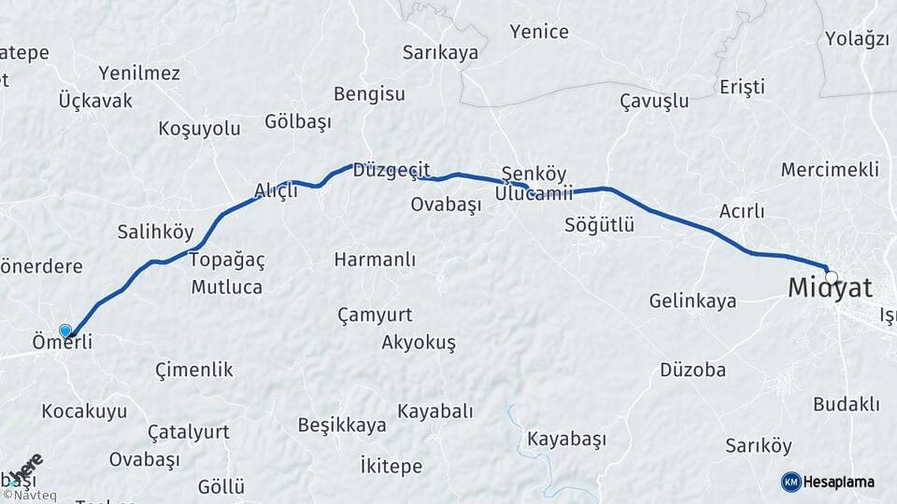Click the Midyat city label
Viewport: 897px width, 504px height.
pyautogui.click(x=830, y=289)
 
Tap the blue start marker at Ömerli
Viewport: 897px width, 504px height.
pyautogui.click(x=65, y=330)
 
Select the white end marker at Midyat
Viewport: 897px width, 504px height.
pyautogui.click(x=831, y=277)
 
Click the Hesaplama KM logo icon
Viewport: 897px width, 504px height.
pyautogui.click(x=790, y=482)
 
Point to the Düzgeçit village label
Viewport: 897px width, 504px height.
pyautogui.click(x=391, y=170)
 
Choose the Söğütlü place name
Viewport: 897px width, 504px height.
pyautogui.click(x=599, y=225)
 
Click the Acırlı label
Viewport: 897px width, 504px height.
pyautogui.click(x=742, y=211)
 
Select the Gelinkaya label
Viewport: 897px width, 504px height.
pyautogui.click(x=692, y=301)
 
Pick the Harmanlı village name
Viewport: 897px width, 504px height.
pyautogui.click(x=375, y=259)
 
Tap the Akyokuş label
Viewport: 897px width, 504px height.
pyautogui.click(x=419, y=343)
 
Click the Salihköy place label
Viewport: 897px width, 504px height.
pyautogui.click(x=155, y=232)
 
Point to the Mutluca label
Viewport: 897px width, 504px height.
pyautogui.click(x=226, y=287)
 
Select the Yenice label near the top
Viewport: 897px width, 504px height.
pyautogui.click(x=539, y=32)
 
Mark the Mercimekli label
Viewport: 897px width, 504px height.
pyautogui.click(x=830, y=170)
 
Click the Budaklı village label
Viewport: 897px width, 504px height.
pyautogui.click(x=847, y=403)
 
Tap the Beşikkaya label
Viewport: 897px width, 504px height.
pyautogui.click(x=342, y=426)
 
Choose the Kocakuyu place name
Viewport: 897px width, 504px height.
pyautogui.click(x=84, y=411)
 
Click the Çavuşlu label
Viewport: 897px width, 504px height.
pyautogui.click(x=654, y=101)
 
